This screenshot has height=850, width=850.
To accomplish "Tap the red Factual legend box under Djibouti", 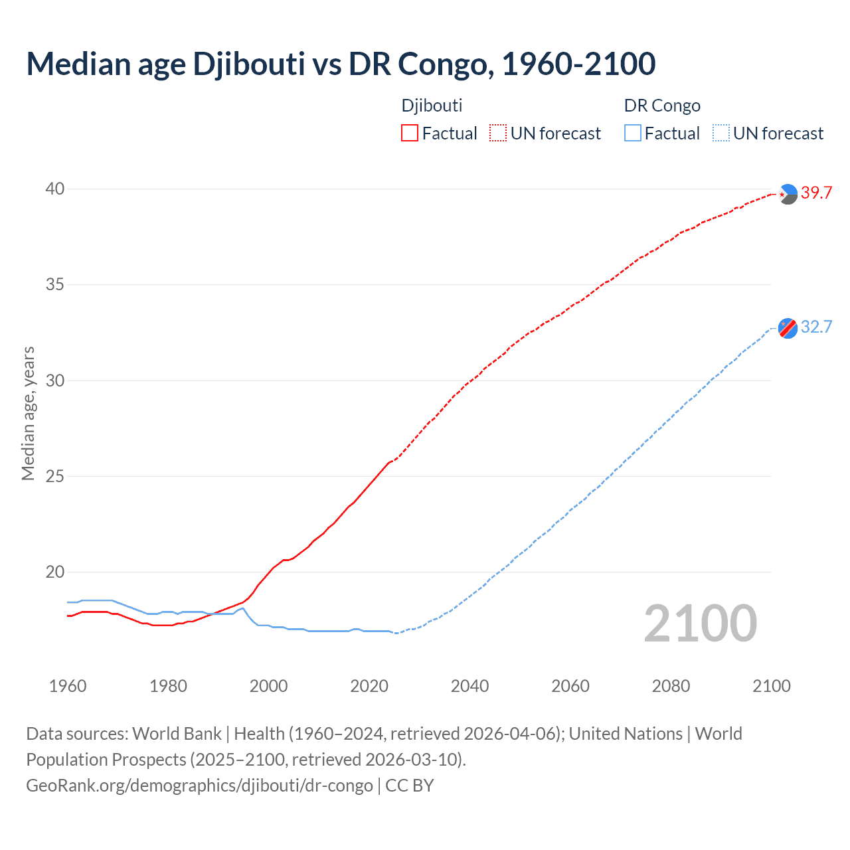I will (410, 133).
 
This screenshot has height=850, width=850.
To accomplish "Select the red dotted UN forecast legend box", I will (498, 133).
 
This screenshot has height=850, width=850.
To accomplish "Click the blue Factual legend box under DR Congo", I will (633, 133).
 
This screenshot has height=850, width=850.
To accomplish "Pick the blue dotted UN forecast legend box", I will (721, 133).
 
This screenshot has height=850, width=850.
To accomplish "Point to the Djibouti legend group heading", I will (432, 106).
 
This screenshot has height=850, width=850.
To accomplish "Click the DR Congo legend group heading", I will (662, 106).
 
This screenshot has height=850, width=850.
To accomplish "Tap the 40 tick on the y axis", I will (55, 189).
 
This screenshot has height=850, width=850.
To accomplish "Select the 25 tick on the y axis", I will (55, 476).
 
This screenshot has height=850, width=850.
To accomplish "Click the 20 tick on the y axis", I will (55, 572).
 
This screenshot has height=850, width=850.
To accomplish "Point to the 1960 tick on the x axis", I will (68, 686).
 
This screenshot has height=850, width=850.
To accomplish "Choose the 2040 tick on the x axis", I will (469, 686).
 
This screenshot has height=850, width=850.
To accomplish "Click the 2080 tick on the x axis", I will (671, 686).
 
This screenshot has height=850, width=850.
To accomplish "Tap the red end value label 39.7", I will (816, 193).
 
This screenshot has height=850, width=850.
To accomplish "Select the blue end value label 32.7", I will (816, 327).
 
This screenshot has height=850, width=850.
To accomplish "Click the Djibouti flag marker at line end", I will (788, 194).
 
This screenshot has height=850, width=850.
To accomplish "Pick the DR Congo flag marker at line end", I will (788, 328).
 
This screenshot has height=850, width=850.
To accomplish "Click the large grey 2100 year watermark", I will (700, 624).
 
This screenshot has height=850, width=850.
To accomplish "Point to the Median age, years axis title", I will (28, 413).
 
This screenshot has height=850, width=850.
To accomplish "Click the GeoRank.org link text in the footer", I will (199, 786).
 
